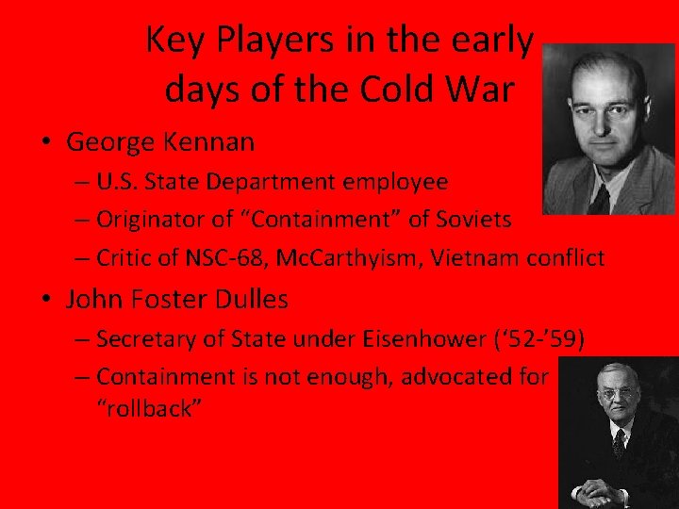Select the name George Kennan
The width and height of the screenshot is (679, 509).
point(160,142)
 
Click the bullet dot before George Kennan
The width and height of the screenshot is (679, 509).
point(45,143)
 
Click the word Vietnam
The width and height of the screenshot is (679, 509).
point(475,258)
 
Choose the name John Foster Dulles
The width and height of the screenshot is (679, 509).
point(177,300)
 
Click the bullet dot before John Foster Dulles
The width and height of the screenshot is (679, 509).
point(45,301)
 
